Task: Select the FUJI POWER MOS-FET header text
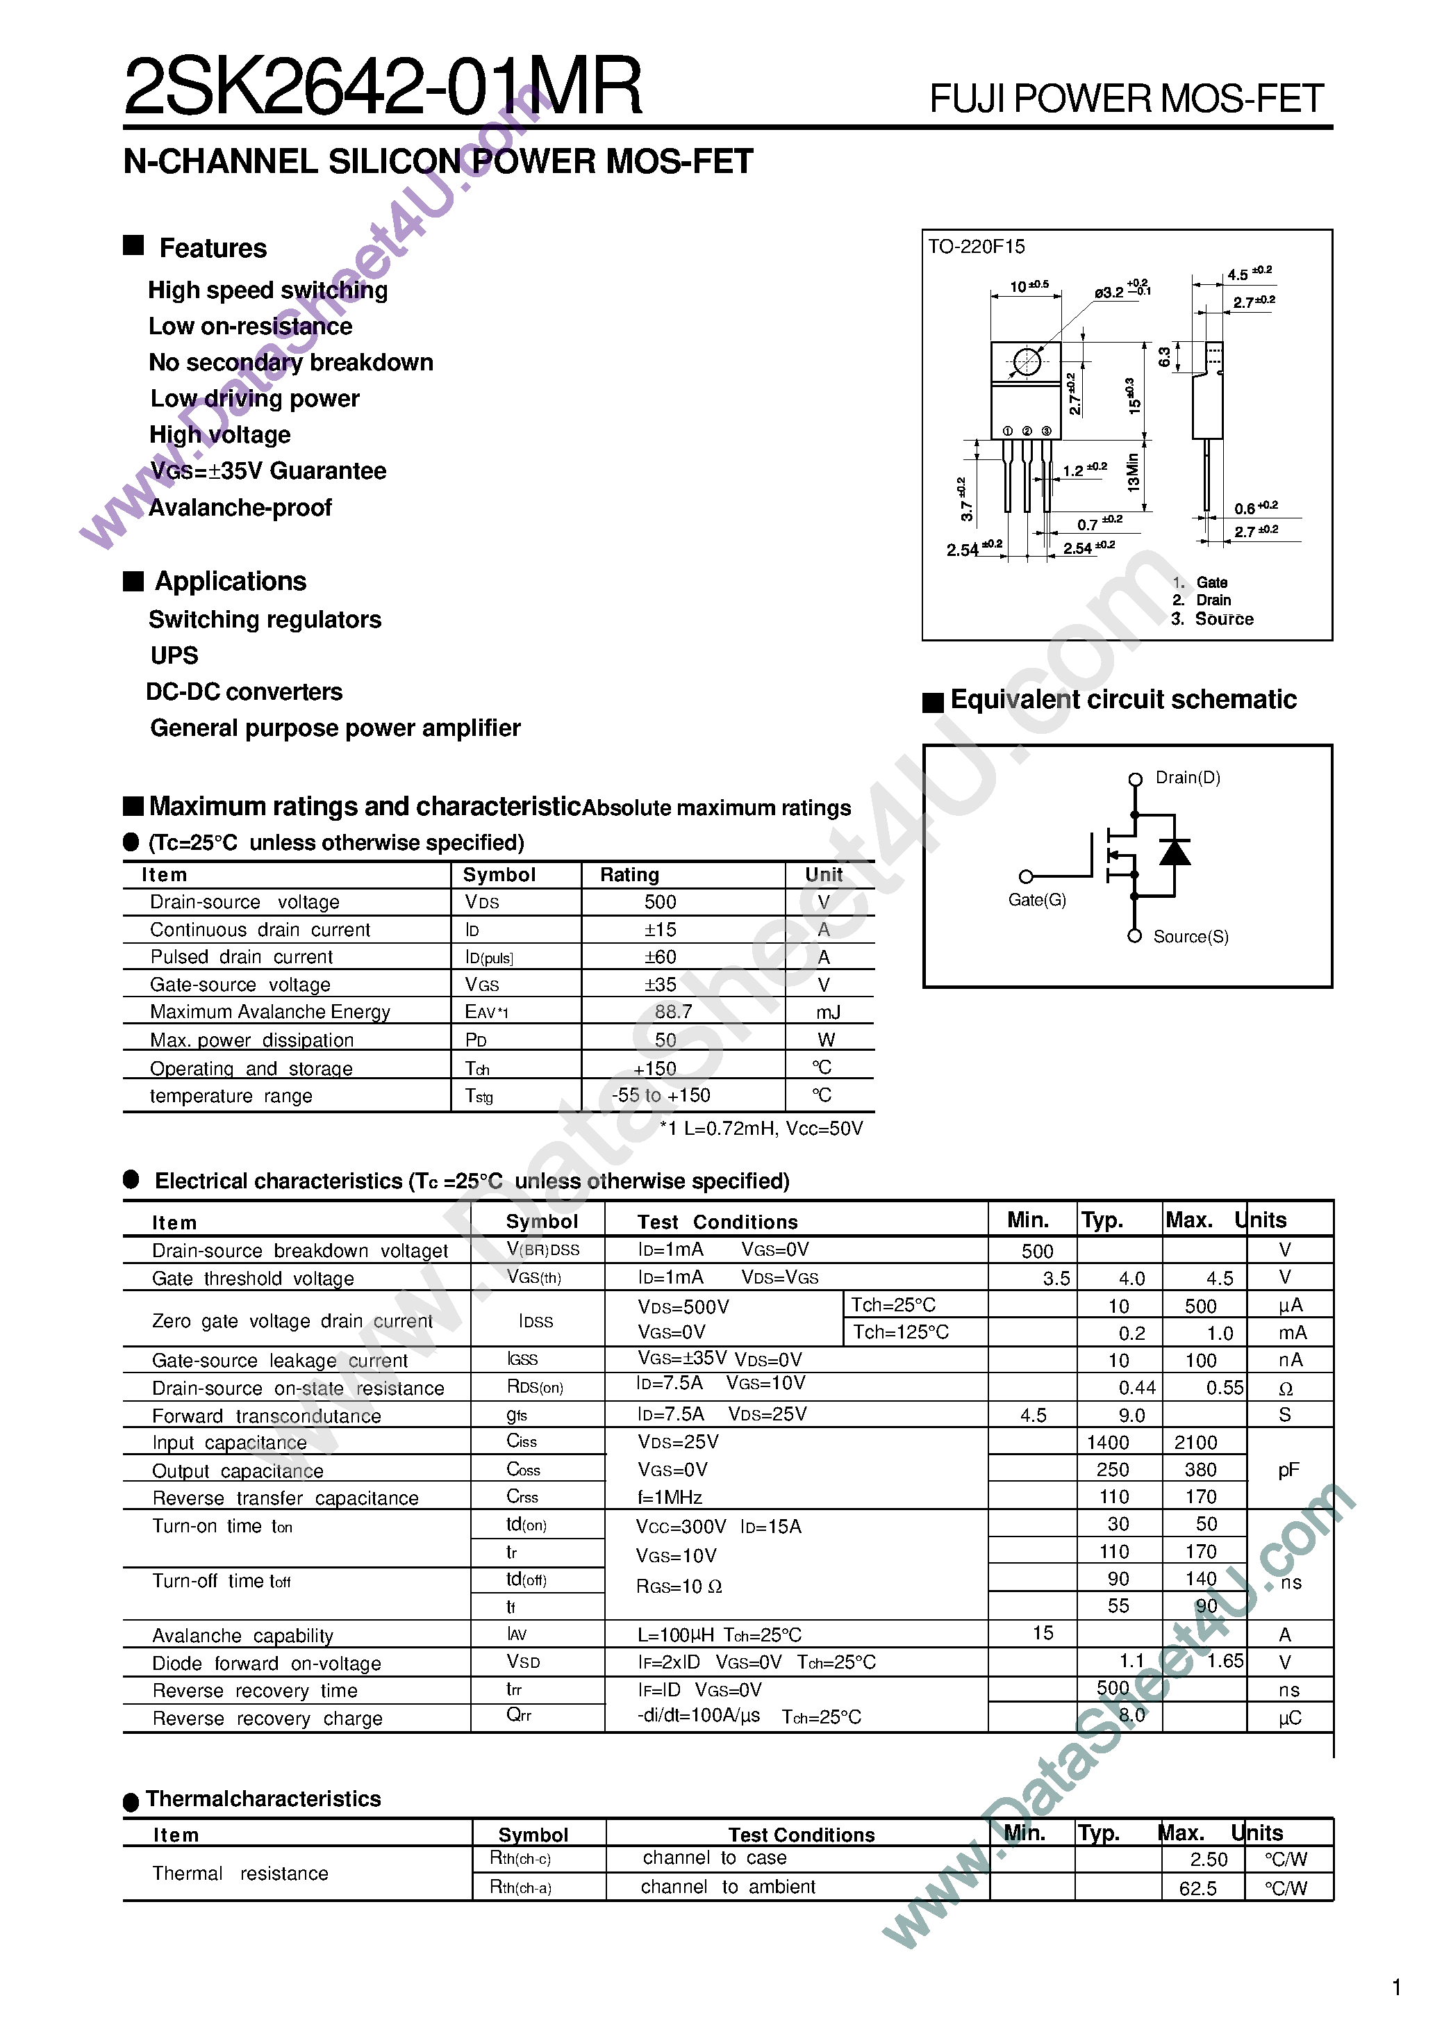click(1125, 99)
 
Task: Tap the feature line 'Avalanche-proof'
click(240, 508)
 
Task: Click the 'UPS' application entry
click(174, 656)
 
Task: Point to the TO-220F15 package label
click(976, 247)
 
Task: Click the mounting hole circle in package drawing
click(1027, 362)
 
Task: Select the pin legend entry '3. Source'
click(1212, 619)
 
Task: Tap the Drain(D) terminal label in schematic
click(1187, 778)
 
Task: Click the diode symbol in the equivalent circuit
click(1174, 852)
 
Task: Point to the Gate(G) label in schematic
click(1037, 900)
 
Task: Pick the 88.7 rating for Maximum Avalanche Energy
click(673, 1012)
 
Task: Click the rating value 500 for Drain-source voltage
click(660, 902)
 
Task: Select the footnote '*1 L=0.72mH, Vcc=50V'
click(761, 1129)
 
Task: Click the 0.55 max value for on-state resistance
click(1225, 1388)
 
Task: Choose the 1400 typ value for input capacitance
click(1108, 1443)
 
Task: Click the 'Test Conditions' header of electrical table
click(717, 1222)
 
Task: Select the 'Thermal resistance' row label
click(240, 1874)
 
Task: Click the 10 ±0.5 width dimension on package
click(1028, 286)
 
